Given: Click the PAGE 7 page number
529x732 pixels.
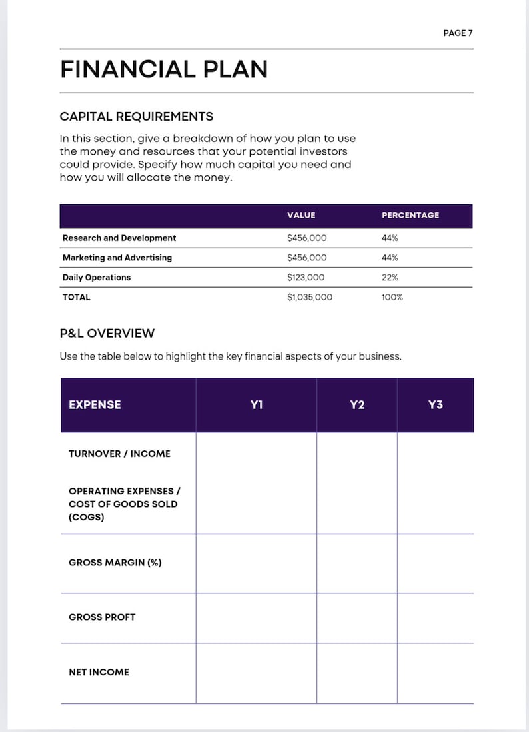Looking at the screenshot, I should (458, 33).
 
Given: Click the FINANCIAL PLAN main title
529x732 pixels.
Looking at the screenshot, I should (164, 69).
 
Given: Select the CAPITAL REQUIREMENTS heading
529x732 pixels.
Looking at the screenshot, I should (137, 117).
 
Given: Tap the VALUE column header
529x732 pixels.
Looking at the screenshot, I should (301, 216).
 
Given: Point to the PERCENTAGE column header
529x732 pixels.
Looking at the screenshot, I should (410, 216).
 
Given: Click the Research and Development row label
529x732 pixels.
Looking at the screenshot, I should (119, 238).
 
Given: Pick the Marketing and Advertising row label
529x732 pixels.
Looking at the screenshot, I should (117, 258).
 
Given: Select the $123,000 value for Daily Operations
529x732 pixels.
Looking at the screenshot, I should (306, 278).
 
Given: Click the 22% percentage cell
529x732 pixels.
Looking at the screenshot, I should (390, 278).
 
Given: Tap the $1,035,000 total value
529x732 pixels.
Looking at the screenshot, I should (309, 298).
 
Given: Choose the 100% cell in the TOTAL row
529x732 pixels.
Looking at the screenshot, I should (392, 298).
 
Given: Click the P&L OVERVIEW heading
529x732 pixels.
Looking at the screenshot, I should (107, 333).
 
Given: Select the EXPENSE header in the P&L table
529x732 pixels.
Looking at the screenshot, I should (95, 405).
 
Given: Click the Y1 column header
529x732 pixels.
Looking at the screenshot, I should (257, 405).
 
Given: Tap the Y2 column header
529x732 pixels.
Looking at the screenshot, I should (357, 405).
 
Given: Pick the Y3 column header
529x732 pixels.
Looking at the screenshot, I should (435, 405).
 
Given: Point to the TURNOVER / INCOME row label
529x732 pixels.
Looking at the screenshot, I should (119, 454).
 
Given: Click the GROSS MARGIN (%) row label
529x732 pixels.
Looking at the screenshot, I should (115, 563).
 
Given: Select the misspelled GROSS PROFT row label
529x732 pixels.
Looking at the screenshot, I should (102, 617).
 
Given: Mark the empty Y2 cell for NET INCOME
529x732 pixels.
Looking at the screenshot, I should (357, 673).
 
